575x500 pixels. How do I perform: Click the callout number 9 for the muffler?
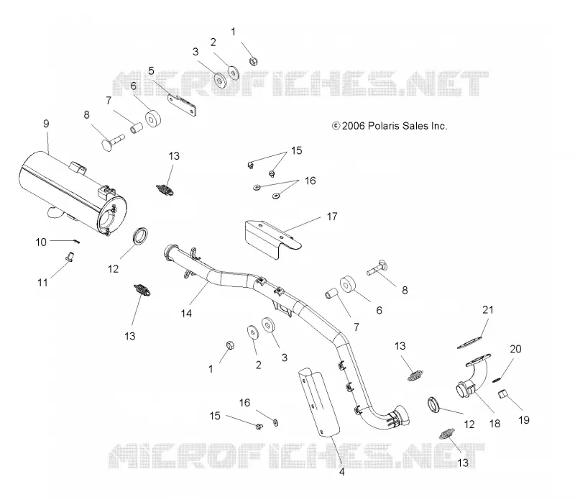(x=46, y=124)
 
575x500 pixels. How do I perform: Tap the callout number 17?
(x=332, y=217)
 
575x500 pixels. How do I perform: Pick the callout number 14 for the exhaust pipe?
(x=186, y=313)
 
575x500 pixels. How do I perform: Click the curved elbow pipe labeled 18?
(x=473, y=378)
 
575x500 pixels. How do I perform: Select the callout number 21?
(x=488, y=310)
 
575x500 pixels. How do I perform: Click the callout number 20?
(x=515, y=349)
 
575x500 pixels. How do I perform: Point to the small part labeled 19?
(x=502, y=394)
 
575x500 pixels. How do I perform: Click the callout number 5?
(x=151, y=71)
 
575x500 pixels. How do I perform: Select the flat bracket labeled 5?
(x=182, y=105)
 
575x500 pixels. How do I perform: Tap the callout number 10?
(x=41, y=242)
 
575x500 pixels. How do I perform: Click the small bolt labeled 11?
(x=69, y=256)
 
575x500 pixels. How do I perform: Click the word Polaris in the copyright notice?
(x=383, y=126)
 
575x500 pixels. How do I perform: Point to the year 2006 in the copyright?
(x=354, y=126)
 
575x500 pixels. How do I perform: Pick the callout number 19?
(x=524, y=420)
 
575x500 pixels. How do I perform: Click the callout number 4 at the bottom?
(x=342, y=472)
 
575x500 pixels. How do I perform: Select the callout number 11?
(x=43, y=283)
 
